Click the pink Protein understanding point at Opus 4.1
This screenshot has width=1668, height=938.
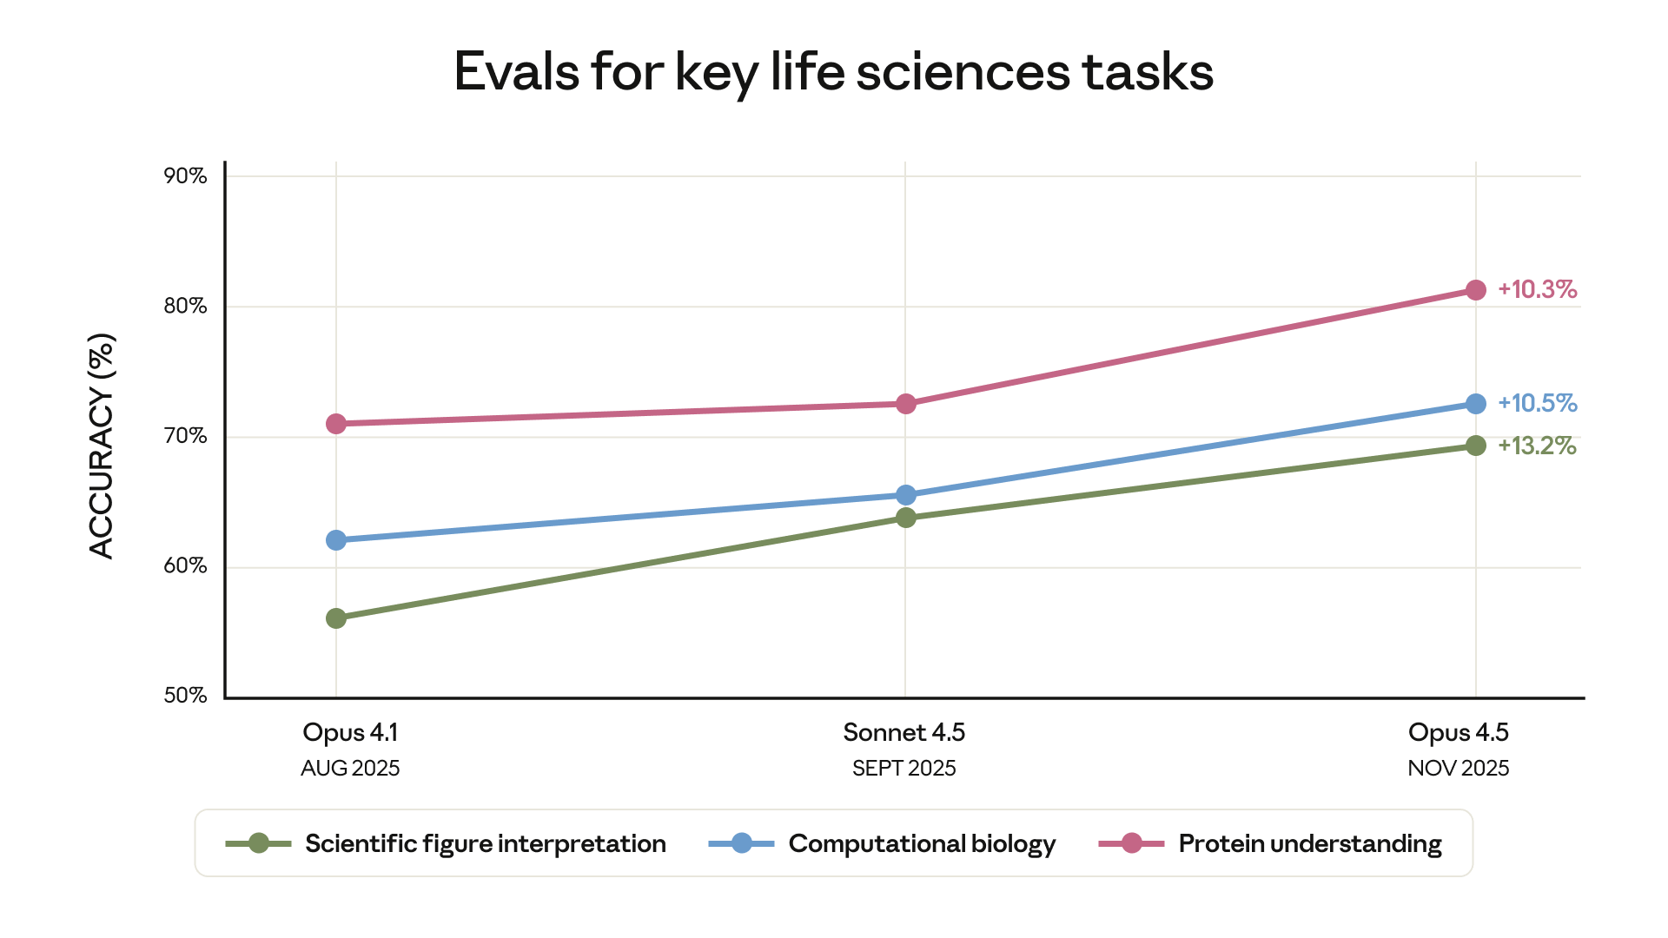coord(336,424)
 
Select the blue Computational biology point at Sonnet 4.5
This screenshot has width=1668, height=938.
coord(905,495)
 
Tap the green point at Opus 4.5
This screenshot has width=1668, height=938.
coord(1475,446)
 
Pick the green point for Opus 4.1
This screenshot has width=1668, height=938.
coord(336,618)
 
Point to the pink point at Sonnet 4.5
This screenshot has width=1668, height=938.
coord(905,404)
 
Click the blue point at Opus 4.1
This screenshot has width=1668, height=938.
coord(336,540)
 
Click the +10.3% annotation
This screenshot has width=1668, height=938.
coord(1537,289)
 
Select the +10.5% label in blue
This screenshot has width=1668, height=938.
coord(1537,403)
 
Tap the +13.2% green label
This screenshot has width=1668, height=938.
coord(1537,446)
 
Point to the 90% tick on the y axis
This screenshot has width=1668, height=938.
coord(185,176)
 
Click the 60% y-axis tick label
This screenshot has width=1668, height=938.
coord(185,566)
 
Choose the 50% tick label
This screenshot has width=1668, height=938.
coord(185,696)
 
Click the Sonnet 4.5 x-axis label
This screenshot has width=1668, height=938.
coord(903,732)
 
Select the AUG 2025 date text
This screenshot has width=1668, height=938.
coord(350,769)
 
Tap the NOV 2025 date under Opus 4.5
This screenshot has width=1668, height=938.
coord(1458,769)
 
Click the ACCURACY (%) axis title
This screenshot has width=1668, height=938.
coord(102,446)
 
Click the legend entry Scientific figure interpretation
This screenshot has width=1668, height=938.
coord(485,843)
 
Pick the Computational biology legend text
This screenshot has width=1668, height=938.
coord(922,843)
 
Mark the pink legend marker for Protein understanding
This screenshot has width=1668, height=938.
coord(1131,843)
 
